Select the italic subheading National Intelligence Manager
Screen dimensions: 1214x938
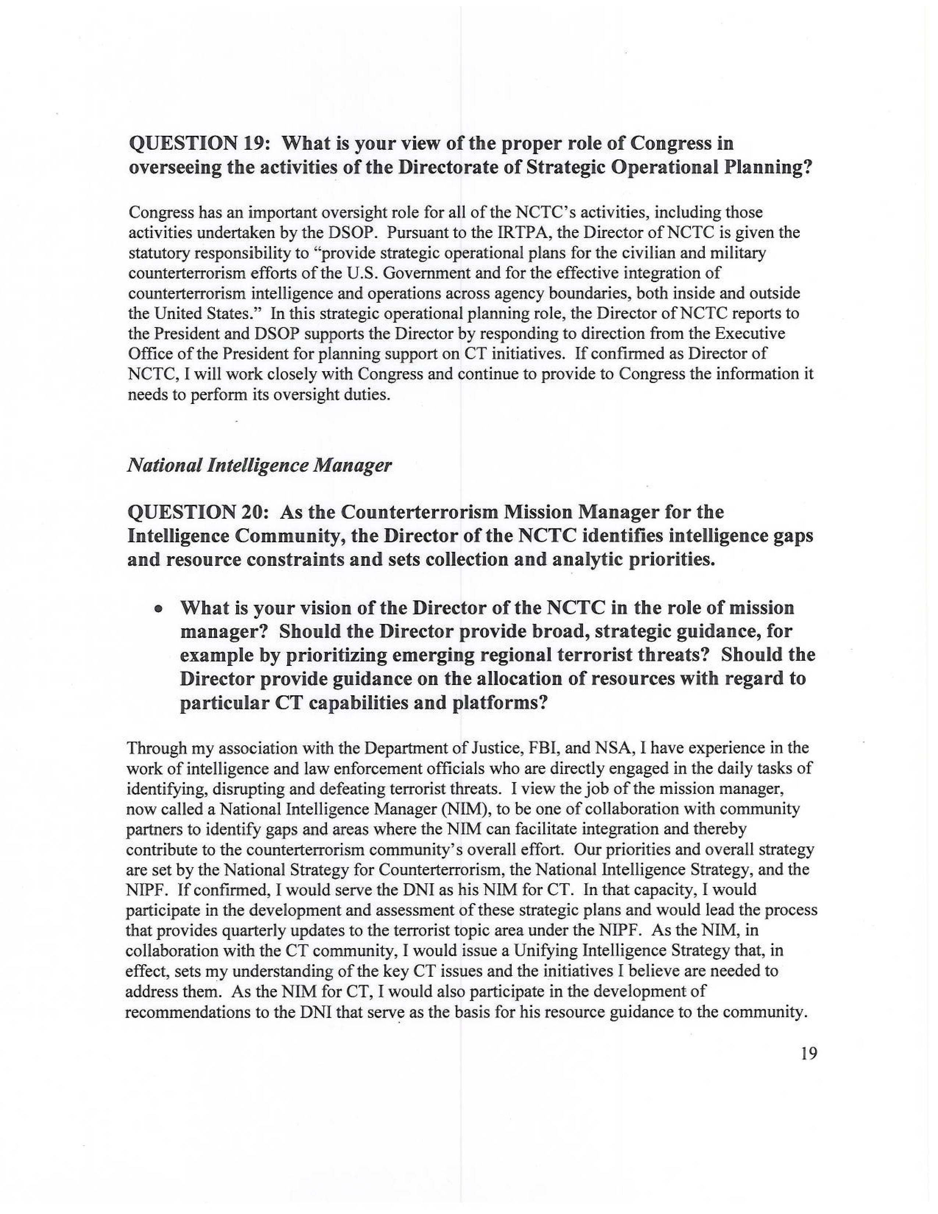click(x=259, y=465)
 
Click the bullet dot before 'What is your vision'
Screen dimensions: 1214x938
click(x=160, y=609)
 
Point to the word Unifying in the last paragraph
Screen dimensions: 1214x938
click(x=544, y=951)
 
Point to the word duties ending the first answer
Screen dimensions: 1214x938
click(x=366, y=395)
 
